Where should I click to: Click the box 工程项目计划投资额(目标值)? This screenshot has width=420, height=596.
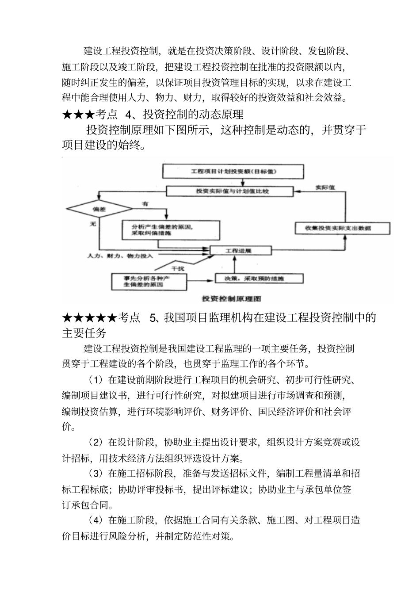click(x=233, y=171)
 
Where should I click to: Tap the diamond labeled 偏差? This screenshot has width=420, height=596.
click(x=99, y=208)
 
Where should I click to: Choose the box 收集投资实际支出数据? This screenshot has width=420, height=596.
click(x=342, y=228)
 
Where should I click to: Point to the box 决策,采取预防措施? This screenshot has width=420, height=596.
click(x=259, y=278)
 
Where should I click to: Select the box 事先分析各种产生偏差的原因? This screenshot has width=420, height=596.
click(x=149, y=282)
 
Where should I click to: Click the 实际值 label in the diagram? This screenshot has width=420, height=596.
click(x=325, y=187)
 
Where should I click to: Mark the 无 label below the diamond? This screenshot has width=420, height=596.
click(x=93, y=224)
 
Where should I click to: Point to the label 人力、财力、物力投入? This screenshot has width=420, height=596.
click(x=120, y=256)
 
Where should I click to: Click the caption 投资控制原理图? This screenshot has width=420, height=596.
click(x=232, y=299)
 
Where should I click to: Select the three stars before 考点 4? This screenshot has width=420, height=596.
click(x=78, y=115)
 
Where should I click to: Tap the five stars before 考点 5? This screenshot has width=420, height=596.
click(x=89, y=317)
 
